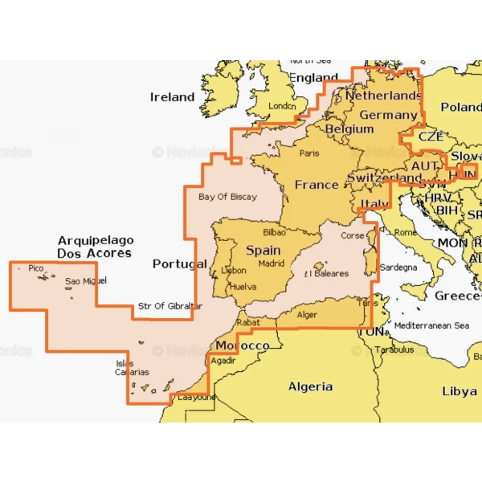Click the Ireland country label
click(172, 97)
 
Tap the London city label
click(282, 106)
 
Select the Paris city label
click(309, 153)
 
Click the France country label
click(317, 185)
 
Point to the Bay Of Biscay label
click(227, 197)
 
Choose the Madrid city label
click(272, 263)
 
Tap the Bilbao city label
click(274, 232)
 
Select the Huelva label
click(242, 286)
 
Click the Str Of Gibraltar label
click(170, 306)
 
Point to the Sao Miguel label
click(85, 281)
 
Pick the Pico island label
click(35, 268)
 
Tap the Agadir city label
click(223, 361)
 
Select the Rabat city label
click(247, 322)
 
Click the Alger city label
click(308, 315)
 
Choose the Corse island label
click(353, 236)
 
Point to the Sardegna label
click(398, 267)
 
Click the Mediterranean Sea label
click(431, 325)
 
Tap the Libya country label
click(459, 391)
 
